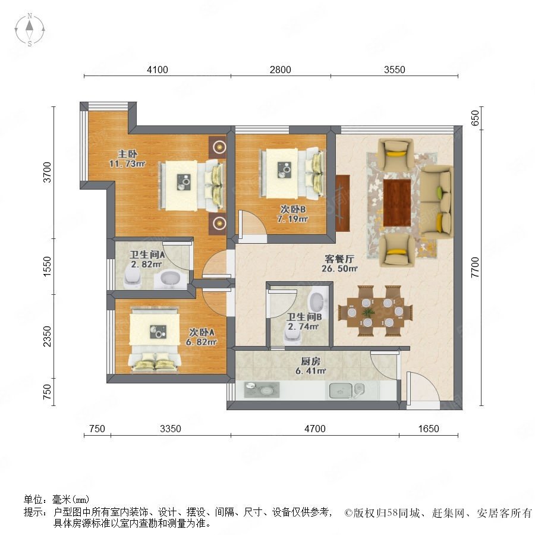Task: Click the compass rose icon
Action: (x=30, y=30)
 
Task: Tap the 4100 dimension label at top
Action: (x=158, y=70)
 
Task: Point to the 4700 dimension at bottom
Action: (x=314, y=429)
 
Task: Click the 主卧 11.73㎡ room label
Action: (x=127, y=159)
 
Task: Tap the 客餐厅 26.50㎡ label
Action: (x=339, y=263)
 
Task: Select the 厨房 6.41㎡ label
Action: (x=310, y=366)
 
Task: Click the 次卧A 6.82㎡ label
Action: (x=202, y=337)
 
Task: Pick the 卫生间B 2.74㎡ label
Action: (x=304, y=322)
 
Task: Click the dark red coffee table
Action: (x=397, y=203)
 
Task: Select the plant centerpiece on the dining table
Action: (x=368, y=312)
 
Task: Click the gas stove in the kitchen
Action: (x=262, y=389)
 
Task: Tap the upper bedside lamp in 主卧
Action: (x=218, y=147)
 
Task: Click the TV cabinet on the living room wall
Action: (x=342, y=203)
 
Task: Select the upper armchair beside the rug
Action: (x=396, y=154)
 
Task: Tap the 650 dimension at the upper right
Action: (x=475, y=118)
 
